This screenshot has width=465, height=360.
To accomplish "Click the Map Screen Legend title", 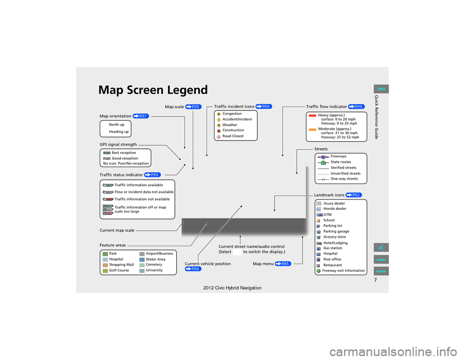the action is (x=153, y=90).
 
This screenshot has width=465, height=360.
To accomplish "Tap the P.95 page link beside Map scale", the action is (x=193, y=107).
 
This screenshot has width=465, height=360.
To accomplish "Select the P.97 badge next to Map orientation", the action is (x=140, y=116).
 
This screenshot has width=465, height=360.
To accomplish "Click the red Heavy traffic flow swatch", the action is (x=312, y=116).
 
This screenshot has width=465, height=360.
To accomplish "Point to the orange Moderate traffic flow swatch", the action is (x=312, y=129).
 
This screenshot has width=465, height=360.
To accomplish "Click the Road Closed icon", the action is (x=218, y=137).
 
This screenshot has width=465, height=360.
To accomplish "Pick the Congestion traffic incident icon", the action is (x=218, y=114).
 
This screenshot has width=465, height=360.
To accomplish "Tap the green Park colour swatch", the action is (x=105, y=254).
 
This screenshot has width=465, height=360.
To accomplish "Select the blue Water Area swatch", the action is (x=142, y=260).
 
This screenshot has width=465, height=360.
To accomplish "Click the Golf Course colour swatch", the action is (x=105, y=271).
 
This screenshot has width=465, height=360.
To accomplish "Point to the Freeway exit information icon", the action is (x=319, y=271).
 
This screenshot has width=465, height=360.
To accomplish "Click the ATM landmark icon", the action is (x=319, y=215).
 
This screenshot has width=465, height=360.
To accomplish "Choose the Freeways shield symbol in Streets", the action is (x=324, y=157).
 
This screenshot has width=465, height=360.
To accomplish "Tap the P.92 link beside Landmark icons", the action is (x=354, y=195).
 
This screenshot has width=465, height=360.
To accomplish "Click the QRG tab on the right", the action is (x=381, y=89).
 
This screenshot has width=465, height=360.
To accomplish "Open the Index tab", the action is (x=381, y=260).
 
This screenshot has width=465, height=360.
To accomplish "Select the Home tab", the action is (x=381, y=271).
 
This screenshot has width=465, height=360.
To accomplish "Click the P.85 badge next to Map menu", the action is (x=283, y=264).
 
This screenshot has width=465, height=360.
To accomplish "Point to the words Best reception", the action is (x=124, y=153).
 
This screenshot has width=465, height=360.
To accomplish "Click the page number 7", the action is (x=375, y=280).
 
